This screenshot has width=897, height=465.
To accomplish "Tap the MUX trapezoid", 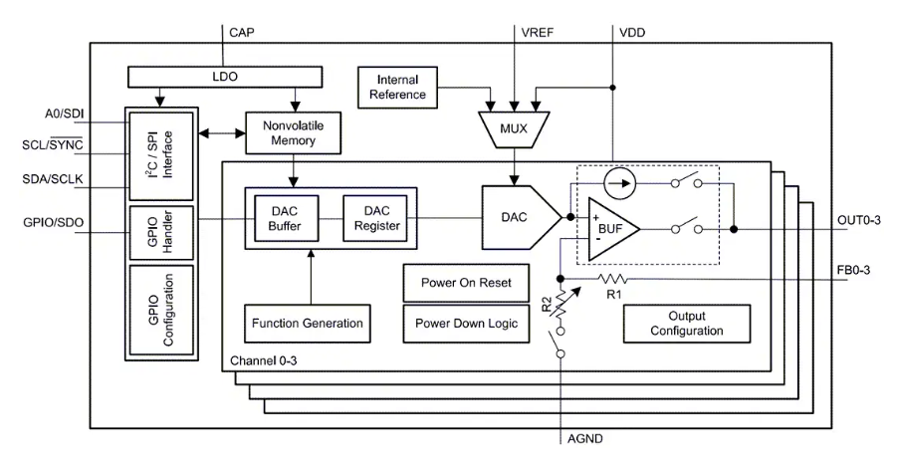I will [512, 126].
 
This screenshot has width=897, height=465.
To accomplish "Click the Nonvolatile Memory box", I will [293, 133].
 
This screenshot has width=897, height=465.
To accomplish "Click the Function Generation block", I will [307, 324].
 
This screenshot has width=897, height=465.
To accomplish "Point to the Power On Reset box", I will [458, 283].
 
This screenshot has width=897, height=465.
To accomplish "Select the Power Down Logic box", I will [458, 324].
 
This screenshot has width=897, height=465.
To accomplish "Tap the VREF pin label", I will [539, 31].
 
